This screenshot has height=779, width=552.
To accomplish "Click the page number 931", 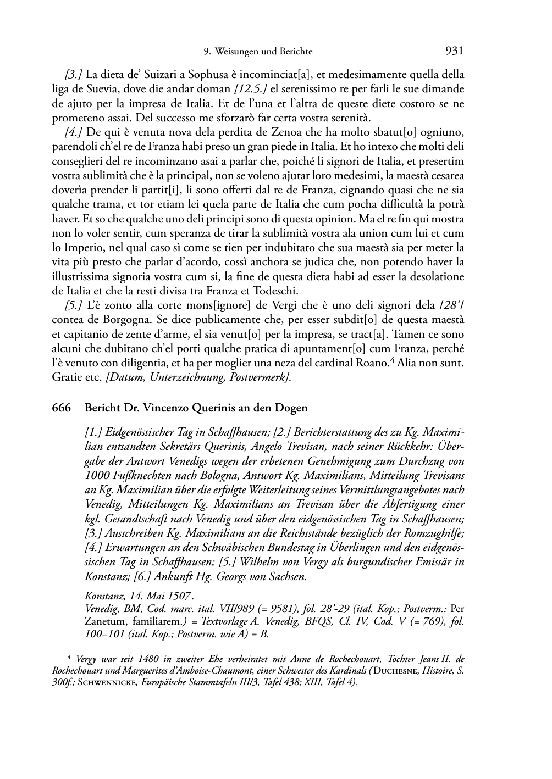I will [454, 51].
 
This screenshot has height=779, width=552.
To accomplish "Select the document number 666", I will [61, 408].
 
